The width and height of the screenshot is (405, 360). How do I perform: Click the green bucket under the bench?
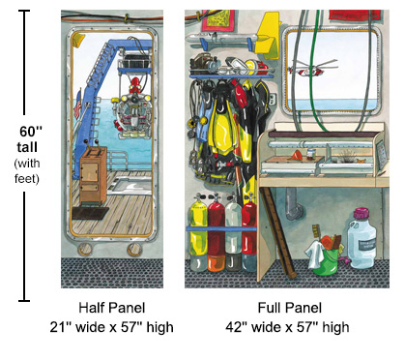(326, 257)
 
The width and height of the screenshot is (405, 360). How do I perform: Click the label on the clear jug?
(362, 247)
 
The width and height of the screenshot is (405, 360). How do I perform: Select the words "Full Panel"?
(290, 309)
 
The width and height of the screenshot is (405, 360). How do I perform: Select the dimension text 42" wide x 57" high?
(290, 327)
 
